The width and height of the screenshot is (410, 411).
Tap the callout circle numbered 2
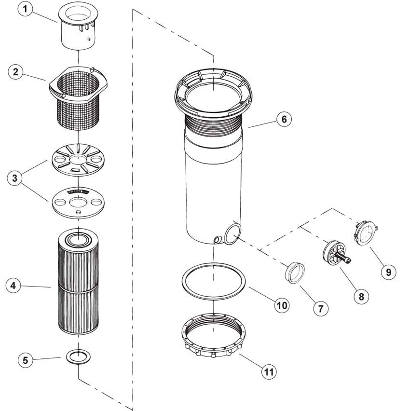[16, 72]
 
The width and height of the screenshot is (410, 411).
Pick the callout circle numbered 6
[284, 119]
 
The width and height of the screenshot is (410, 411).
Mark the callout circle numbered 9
[387, 272]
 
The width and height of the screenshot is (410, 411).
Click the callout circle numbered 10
[282, 304]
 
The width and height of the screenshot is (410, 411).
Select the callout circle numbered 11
[270, 371]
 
